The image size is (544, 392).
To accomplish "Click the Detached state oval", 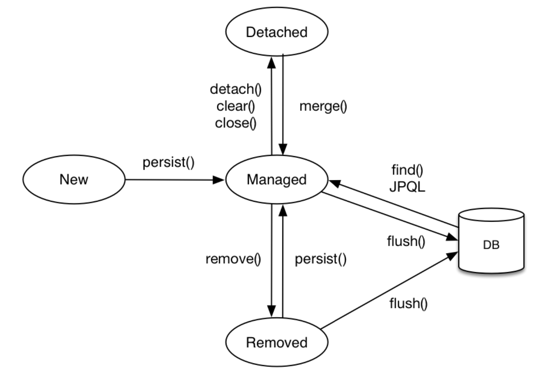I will pyautogui.click(x=277, y=31).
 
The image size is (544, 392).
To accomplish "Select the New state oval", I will pyautogui.click(x=74, y=179).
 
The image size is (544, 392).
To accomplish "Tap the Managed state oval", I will pyautogui.click(x=277, y=179).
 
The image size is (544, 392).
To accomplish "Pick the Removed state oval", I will pyautogui.click(x=277, y=342).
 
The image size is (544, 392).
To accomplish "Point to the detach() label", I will pyautogui.click(x=236, y=89).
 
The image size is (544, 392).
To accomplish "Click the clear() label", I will pyautogui.click(x=236, y=106).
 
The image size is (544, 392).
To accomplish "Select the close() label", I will pyautogui.click(x=236, y=123).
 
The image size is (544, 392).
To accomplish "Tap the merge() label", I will pyautogui.click(x=323, y=106).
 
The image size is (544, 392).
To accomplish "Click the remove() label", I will pyautogui.click(x=233, y=259).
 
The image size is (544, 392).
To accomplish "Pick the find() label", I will pyautogui.click(x=407, y=169).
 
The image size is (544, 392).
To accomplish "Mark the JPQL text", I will pyautogui.click(x=407, y=187).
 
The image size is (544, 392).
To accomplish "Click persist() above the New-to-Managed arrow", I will pyautogui.click(x=168, y=162).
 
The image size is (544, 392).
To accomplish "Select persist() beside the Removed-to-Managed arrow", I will pyautogui.click(x=320, y=259).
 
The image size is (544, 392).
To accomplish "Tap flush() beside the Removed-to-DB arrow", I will pyautogui.click(x=408, y=304).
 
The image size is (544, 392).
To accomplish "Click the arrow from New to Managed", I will pyautogui.click(x=174, y=180).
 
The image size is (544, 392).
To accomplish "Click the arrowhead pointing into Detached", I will pyautogui.click(x=271, y=62).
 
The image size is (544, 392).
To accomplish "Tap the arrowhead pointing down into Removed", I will pyautogui.click(x=271, y=311).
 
